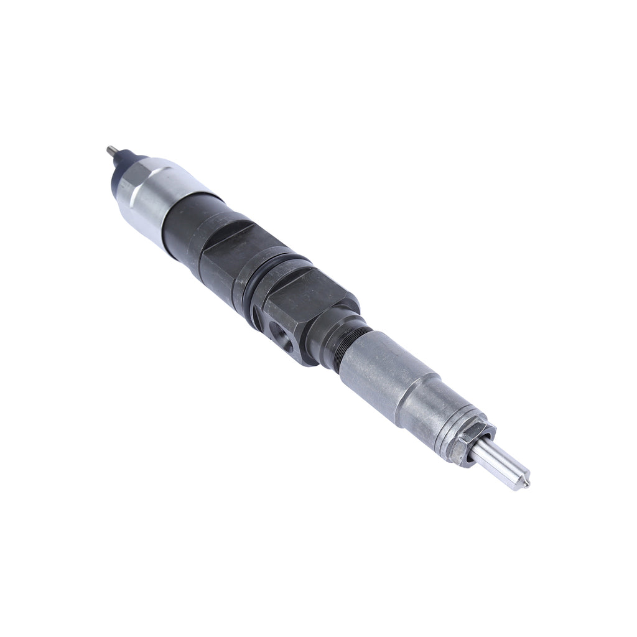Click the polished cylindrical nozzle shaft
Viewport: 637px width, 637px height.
[x=498, y=463]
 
